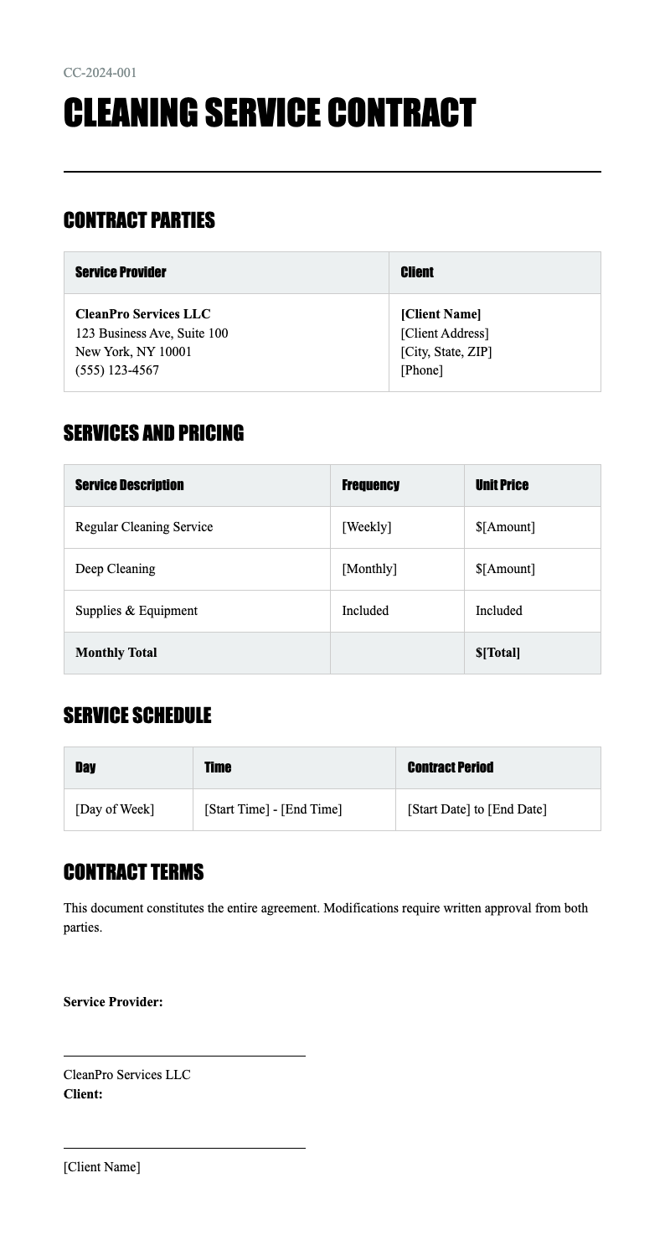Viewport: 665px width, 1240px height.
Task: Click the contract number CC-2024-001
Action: click(100, 73)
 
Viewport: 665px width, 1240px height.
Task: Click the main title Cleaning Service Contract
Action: click(269, 114)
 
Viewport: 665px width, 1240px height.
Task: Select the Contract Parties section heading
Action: click(139, 220)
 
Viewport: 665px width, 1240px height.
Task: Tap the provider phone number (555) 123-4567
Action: click(117, 370)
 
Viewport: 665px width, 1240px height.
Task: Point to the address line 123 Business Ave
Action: click(152, 333)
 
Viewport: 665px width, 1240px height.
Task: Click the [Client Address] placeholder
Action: click(445, 333)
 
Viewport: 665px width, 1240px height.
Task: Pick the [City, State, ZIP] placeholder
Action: click(446, 352)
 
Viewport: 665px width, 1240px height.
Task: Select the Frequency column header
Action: click(370, 485)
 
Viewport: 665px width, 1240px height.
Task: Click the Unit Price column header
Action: click(502, 485)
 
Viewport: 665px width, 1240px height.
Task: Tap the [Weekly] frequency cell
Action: click(366, 527)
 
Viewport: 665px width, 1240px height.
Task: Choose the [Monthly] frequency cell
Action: click(369, 569)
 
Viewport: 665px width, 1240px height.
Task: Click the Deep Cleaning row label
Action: click(116, 569)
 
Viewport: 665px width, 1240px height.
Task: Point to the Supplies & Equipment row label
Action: click(137, 611)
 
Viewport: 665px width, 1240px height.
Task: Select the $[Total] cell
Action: click(497, 653)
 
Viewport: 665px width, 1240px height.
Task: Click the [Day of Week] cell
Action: click(115, 809)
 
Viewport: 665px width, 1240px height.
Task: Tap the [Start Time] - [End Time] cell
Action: click(273, 809)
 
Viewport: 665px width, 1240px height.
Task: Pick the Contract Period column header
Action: click(450, 767)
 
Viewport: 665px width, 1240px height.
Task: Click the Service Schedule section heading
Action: click(137, 716)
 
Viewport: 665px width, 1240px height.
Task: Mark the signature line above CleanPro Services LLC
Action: click(184, 1056)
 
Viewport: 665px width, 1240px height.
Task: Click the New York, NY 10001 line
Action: click(133, 352)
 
